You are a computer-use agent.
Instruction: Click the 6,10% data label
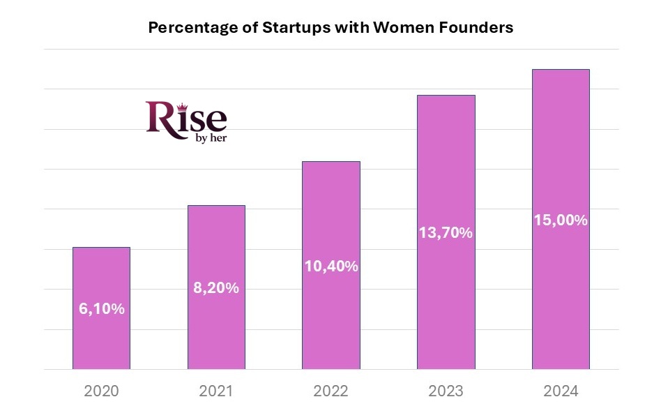point(101,308)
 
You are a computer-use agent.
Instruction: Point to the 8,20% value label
point(216,288)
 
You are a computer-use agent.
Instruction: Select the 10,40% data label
point(331,266)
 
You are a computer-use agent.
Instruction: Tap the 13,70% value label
point(446,233)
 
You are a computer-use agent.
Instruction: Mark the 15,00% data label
point(561,220)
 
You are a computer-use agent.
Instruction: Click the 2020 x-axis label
point(101,391)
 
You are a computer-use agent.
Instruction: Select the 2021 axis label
point(216,391)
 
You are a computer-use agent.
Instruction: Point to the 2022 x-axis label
point(331,391)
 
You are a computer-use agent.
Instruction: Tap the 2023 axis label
point(446,391)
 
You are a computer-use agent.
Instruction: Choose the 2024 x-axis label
point(561,391)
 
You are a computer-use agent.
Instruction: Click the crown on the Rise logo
point(184,106)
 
